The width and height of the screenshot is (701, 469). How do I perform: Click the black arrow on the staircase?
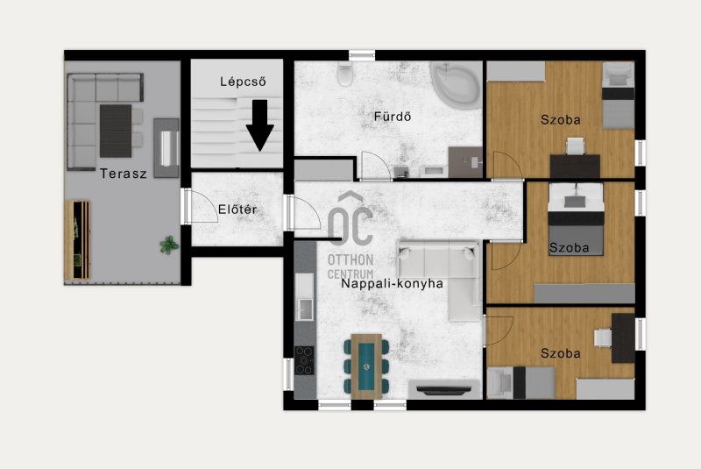click(259, 125)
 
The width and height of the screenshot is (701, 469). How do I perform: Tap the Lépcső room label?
click(243, 82)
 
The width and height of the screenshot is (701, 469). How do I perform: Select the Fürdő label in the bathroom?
click(392, 117)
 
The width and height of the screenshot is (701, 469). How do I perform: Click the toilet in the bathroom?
click(345, 74)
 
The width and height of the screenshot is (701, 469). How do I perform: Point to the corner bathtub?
click(457, 85)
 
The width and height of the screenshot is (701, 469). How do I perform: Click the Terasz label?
click(123, 174)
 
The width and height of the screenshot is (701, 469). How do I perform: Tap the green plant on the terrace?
click(169, 245)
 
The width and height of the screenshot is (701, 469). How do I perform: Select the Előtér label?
click(237, 210)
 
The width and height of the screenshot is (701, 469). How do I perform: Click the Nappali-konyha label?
click(392, 283)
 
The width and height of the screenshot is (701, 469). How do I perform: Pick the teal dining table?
click(366, 366)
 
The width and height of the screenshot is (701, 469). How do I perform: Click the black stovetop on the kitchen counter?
click(304, 360)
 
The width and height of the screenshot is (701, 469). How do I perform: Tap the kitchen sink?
click(305, 309)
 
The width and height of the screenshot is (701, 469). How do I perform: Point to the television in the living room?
click(443, 390)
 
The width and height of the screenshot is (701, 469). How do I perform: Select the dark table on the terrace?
click(116, 131)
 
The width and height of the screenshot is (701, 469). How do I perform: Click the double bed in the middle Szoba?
click(576, 219)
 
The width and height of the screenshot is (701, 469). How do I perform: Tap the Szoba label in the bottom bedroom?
click(561, 353)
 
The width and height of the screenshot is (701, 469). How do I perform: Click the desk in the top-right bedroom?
click(575, 167)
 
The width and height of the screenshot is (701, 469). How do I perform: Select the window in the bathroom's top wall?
click(362, 55)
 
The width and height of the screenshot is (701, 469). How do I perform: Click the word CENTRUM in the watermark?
click(350, 274)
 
